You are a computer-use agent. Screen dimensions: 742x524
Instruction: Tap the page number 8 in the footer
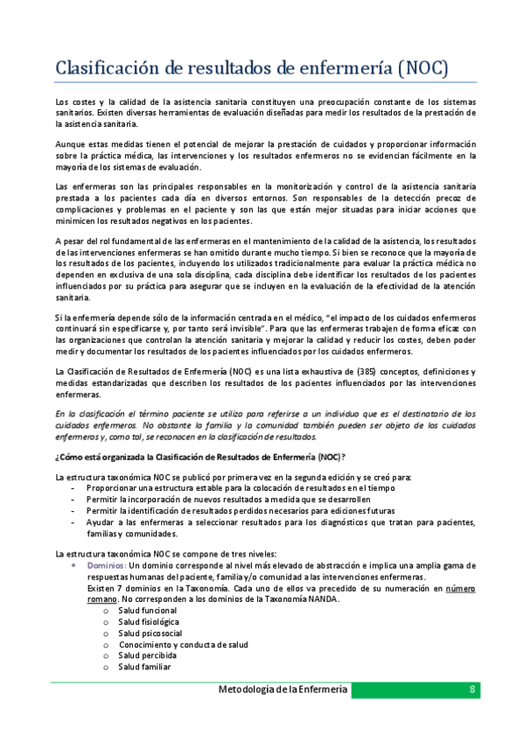[472, 689]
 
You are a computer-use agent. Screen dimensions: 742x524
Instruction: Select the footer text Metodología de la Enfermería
[283, 689]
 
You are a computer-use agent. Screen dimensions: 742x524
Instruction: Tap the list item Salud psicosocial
[150, 633]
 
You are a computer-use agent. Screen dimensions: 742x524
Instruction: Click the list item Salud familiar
[145, 667]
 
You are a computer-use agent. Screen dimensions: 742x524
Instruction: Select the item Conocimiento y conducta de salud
[185, 644]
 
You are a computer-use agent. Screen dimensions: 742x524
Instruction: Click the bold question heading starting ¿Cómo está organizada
[200, 457]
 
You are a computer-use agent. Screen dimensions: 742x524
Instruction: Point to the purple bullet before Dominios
[73, 566]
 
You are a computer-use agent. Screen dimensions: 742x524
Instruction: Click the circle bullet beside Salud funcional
[106, 610]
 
